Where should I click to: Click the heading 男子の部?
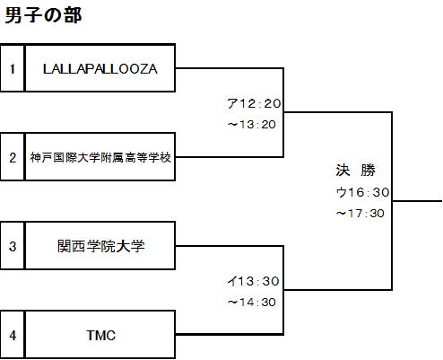click(43, 15)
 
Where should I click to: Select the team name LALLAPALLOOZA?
click(100, 69)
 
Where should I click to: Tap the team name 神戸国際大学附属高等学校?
click(100, 157)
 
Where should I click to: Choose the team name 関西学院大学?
click(101, 246)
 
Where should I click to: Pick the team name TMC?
click(101, 335)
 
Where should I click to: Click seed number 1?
click(13, 69)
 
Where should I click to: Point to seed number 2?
click(13, 158)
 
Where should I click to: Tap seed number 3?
click(13, 246)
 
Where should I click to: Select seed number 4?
click(13, 335)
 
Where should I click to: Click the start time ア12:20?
click(254, 103)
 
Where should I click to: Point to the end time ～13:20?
click(251, 125)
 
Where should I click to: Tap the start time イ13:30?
click(253, 281)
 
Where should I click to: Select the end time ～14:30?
click(251, 302)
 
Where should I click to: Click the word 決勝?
click(355, 171)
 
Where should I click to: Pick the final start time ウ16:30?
click(363, 192)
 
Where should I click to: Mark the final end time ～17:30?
click(360, 214)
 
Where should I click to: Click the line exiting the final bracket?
click(417, 201)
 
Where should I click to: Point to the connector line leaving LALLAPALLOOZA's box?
click(229, 68)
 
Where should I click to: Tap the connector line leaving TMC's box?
click(229, 334)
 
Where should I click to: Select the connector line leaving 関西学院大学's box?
click(229, 246)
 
